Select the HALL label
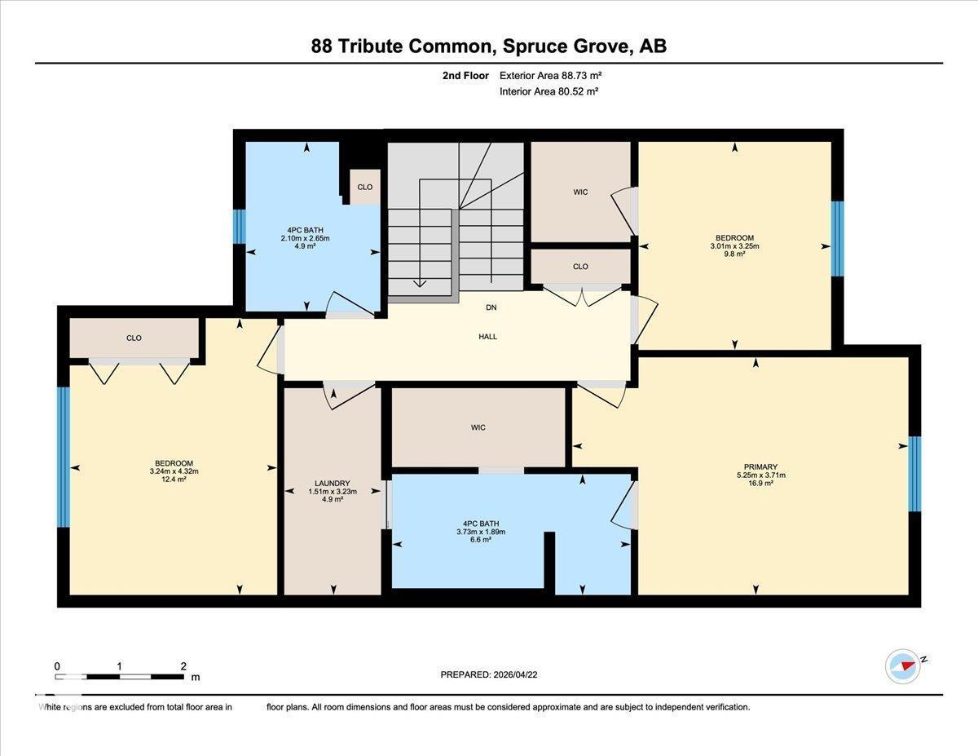[488, 336]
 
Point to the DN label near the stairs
[491, 307]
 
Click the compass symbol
[902, 666]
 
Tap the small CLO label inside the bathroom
[364, 188]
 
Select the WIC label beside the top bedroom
[580, 192]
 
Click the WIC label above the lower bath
[478, 427]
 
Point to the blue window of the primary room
[914, 474]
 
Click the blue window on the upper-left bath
[239, 227]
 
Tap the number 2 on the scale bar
[184, 666]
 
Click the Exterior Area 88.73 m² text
[550, 76]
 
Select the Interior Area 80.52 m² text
[548, 92]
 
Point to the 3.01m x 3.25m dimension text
[736, 245]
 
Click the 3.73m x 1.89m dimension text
[481, 532]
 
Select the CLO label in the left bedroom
[134, 338]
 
